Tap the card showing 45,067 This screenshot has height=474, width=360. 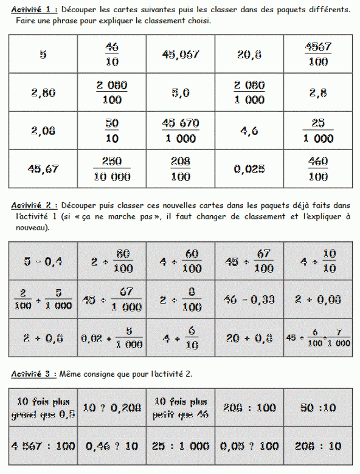click(x=181, y=54)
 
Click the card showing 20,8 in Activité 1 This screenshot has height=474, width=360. click(x=249, y=54)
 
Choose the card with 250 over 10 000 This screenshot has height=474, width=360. click(x=112, y=168)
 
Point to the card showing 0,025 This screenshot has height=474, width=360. click(x=249, y=168)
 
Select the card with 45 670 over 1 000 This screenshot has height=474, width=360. click(x=181, y=131)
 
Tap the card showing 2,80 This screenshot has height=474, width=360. click(x=43, y=92)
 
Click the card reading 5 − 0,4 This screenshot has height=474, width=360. click(x=43, y=261)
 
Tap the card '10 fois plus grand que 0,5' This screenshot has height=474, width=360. click(x=43, y=408)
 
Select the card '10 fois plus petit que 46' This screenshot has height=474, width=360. click(x=181, y=408)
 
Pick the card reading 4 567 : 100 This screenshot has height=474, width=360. click(x=43, y=446)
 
